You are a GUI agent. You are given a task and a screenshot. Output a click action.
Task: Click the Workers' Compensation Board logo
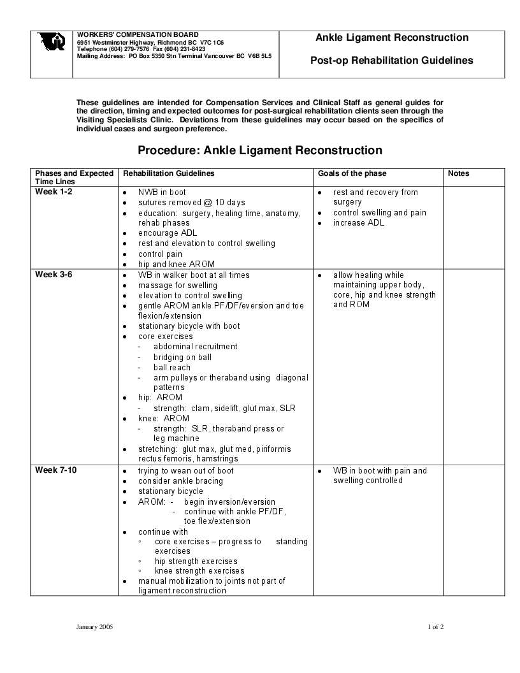click(x=51, y=42)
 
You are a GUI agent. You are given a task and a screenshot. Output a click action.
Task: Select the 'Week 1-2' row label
click(x=54, y=192)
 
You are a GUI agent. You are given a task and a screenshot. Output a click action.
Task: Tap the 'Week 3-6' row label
click(x=54, y=275)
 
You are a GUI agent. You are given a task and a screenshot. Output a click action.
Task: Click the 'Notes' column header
click(x=458, y=173)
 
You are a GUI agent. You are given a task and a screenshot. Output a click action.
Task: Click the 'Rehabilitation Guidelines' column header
click(x=168, y=173)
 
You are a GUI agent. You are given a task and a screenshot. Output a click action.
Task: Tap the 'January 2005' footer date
click(x=94, y=627)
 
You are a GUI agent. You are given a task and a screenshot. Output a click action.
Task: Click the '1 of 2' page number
click(x=435, y=627)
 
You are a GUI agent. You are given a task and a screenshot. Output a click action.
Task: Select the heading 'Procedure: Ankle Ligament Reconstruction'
click(x=260, y=150)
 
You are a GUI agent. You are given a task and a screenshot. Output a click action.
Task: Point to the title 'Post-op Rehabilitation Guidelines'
click(x=391, y=61)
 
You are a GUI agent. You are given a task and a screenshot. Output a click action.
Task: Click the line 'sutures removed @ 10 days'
click(x=191, y=203)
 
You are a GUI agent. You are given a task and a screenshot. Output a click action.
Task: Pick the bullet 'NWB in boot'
click(x=162, y=192)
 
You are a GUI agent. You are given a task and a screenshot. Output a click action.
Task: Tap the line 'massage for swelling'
click(x=177, y=286)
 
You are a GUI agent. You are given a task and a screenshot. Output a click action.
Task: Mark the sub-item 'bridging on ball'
click(x=182, y=358)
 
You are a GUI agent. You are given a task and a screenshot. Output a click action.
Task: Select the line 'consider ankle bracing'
click(x=180, y=481)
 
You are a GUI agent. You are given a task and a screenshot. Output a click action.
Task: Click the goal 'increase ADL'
click(x=358, y=223)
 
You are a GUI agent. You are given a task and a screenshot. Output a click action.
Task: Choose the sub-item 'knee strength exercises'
click(x=199, y=571)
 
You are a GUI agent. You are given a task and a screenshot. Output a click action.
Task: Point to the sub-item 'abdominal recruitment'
click(x=195, y=347)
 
